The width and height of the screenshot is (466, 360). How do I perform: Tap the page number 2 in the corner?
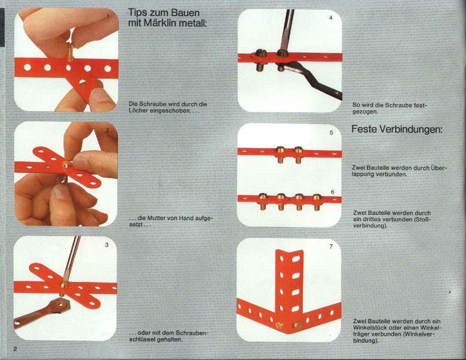[x=15, y=349]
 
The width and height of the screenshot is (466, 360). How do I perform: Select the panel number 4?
[x=331, y=17]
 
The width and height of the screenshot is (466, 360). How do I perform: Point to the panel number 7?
[x=331, y=247]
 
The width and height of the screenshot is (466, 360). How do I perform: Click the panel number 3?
[x=107, y=245]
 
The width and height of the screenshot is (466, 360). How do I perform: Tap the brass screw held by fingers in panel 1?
[x=70, y=52]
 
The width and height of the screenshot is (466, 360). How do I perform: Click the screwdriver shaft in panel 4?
[x=287, y=30]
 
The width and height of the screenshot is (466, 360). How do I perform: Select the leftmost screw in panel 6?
[x=263, y=202]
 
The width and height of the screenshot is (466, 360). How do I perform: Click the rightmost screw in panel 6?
[x=317, y=202]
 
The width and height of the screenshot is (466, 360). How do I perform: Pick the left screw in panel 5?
[x=280, y=155]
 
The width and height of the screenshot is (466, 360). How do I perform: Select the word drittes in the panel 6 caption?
[x=371, y=220]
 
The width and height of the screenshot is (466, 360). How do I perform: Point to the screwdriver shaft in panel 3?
[x=71, y=259]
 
